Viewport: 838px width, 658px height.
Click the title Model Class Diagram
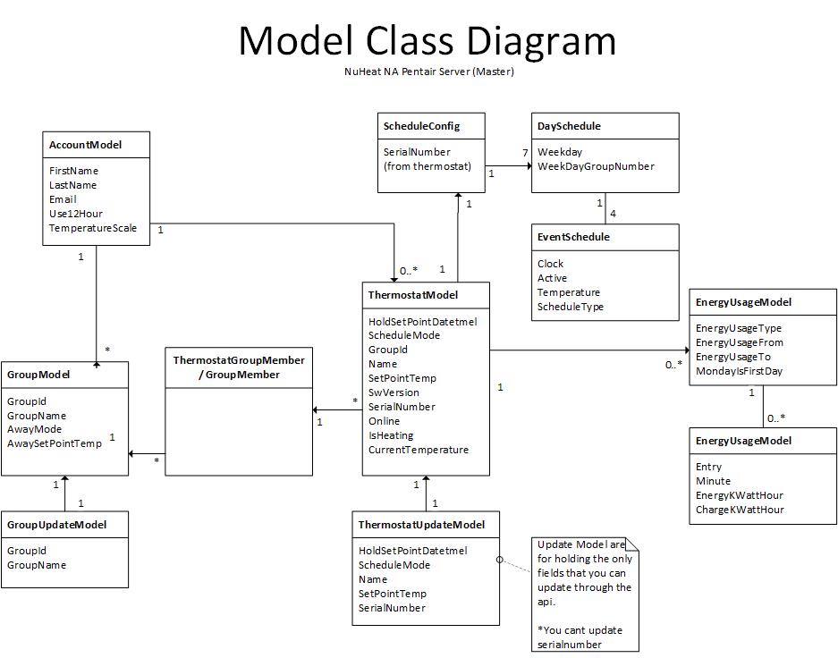pos(427,41)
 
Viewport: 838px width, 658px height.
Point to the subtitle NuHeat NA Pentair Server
pos(428,72)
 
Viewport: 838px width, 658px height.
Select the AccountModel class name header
pos(86,145)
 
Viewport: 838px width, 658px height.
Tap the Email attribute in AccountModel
pos(63,199)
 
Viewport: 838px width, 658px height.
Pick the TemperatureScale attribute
pos(93,228)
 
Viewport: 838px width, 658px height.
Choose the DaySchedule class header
pos(569,126)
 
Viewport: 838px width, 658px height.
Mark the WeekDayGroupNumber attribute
pos(596,166)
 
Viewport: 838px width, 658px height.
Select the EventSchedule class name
pos(573,237)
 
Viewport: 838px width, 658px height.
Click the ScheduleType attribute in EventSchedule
pos(571,307)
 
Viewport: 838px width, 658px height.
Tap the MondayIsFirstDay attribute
pos(739,371)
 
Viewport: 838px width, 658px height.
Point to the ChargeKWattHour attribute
pos(740,510)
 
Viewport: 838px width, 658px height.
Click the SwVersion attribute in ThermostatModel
pos(394,392)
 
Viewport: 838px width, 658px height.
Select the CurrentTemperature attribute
pos(419,450)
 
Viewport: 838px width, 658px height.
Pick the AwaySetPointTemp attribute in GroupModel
pos(55,444)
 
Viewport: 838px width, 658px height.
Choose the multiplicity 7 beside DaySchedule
pos(525,153)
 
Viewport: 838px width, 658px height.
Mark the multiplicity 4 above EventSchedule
pos(613,214)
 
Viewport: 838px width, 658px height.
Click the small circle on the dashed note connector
pos(501,560)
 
